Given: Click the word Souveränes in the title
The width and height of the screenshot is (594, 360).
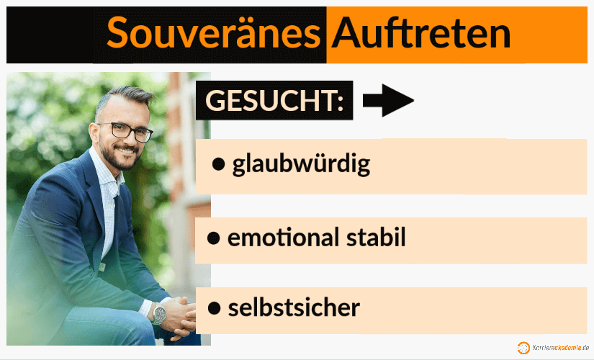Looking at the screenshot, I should coord(212,33).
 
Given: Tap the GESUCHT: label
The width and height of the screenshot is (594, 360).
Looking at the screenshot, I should coord(274,101).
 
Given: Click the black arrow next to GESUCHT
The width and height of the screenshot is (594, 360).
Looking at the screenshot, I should coord(388,102).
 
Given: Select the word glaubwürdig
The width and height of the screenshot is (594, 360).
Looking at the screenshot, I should coord(301,165).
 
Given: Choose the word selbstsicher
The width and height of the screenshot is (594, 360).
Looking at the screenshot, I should coord(294,308).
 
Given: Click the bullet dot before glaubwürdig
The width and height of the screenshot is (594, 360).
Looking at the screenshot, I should coord(219,165).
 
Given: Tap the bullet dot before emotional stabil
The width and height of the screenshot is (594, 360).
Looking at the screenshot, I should coord(214,238).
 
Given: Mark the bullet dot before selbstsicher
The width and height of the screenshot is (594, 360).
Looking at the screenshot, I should coord(214,309).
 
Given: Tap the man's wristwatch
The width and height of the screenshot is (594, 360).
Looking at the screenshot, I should coord(159,313).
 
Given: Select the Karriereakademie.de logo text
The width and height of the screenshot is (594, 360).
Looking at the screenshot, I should coord(559,348).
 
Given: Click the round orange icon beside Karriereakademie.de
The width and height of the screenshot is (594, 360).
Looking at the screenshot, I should coord(523,348).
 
